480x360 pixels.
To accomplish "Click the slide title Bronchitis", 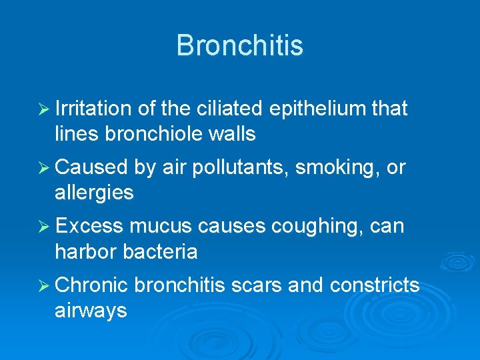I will pyautogui.click(x=239, y=46).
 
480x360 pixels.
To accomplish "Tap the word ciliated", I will pyautogui.click(x=229, y=109).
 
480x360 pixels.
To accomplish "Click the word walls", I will pyautogui.click(x=231, y=134).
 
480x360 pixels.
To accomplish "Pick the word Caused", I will pyautogui.click(x=92, y=167).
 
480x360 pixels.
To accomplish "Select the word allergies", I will pyautogui.click(x=94, y=193).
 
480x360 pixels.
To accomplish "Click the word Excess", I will pyautogui.click(x=90, y=226).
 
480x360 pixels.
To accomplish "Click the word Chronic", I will pyautogui.click(x=92, y=285).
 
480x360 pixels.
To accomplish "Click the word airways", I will pyautogui.click(x=91, y=310).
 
